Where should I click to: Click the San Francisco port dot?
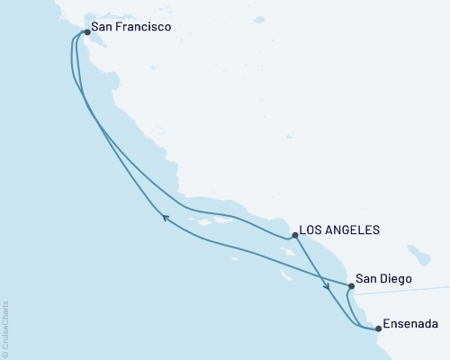coord(86,32)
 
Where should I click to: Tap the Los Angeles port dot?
coord(295,236)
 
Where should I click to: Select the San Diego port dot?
coord(350,286)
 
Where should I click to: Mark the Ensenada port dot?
coord(378,328)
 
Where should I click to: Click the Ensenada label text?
coord(412,323)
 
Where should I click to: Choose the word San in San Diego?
coord(367,280)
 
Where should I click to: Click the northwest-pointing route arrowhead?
coord(165,216)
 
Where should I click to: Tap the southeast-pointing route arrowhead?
coord(327,288)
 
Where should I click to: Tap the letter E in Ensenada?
coord(387,323)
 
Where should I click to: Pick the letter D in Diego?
coord(383,280)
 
